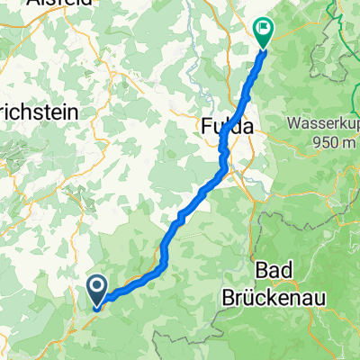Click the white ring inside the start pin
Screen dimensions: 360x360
(96, 287)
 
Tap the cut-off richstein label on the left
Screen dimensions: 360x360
(40, 113)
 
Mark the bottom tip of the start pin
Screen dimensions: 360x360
(96, 303)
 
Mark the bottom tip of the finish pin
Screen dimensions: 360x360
(264, 47)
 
